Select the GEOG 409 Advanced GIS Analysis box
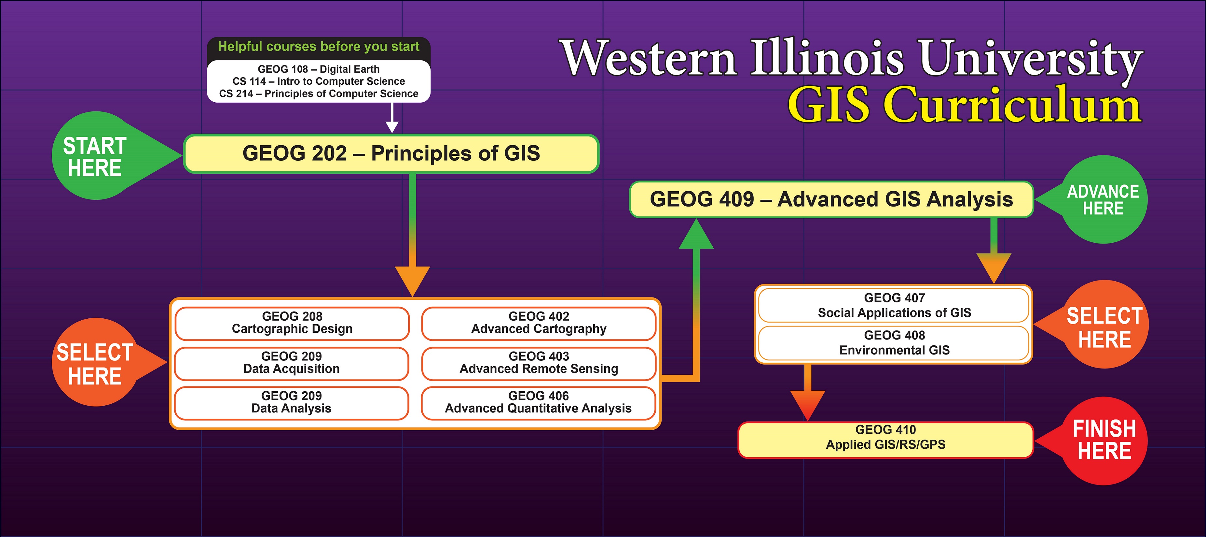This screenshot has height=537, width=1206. (831, 199)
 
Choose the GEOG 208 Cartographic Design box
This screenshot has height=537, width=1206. (292, 323)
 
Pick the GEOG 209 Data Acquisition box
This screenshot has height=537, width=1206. (292, 363)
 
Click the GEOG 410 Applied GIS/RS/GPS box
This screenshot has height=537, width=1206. (885, 440)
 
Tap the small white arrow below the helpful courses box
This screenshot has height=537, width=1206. (392, 118)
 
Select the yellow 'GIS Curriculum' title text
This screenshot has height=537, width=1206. (965, 105)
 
